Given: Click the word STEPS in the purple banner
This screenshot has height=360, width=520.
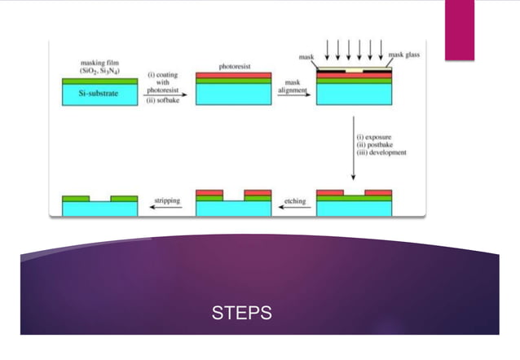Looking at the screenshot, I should coord(242,313).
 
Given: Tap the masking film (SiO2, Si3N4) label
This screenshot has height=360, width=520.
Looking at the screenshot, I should coord(100,66).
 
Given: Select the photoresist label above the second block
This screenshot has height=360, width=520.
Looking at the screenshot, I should coord(234,65).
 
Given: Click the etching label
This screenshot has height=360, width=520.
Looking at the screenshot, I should coord(294,199).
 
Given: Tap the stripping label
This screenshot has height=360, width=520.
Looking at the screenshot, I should coord(167,199).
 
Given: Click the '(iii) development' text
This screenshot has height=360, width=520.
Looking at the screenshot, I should coord(381,152).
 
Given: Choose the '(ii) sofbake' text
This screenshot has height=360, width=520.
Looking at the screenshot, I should coord(163,101).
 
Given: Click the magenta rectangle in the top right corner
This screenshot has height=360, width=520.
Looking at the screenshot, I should coord(459,29).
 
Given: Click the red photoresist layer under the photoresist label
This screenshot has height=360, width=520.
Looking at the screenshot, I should coord(234,74).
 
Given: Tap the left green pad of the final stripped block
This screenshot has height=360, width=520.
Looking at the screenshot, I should coord(76,198).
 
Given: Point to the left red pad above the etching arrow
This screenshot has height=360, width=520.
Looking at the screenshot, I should coord(329,192).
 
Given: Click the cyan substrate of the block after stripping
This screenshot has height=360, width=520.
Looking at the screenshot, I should coord(99,209).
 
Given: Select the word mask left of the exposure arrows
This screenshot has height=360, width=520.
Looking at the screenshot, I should coord(306,57).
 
